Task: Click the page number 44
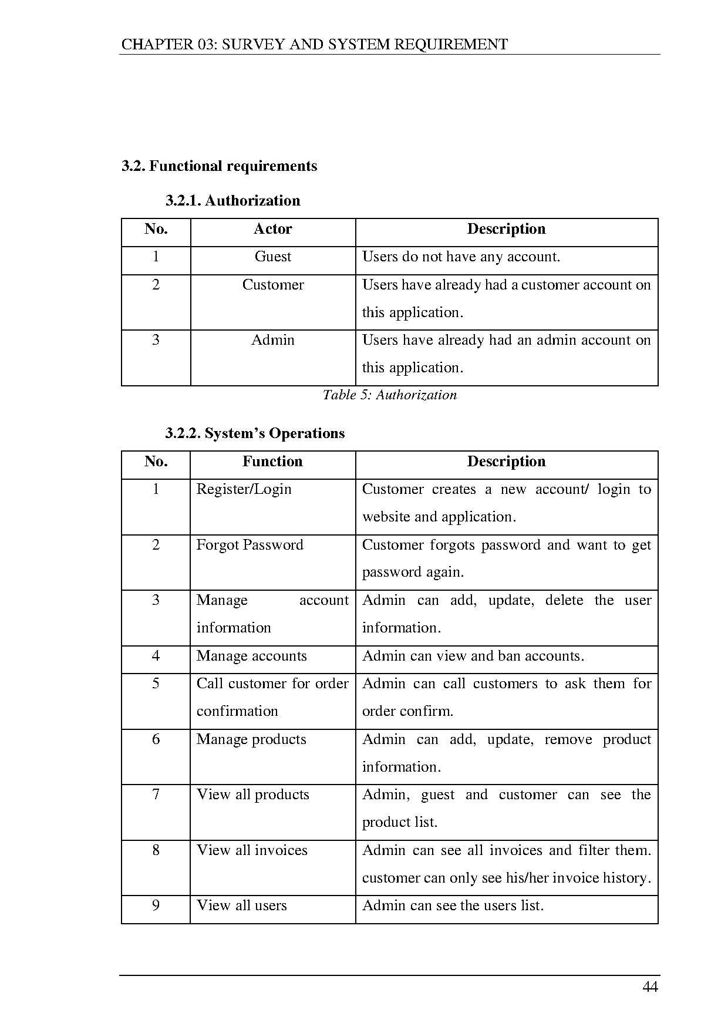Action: [650, 987]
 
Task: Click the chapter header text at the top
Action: [314, 45]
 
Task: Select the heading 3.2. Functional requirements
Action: [219, 166]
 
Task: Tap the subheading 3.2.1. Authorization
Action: [232, 201]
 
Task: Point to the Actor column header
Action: [272, 229]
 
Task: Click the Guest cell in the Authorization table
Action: [272, 257]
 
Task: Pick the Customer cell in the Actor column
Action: [273, 285]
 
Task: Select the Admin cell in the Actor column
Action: [272, 340]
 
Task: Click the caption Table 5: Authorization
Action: [389, 395]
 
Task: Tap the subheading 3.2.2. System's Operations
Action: [255, 433]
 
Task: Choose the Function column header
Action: [272, 462]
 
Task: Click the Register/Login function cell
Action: [244, 489]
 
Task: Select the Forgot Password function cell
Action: [250, 545]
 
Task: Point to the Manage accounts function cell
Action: [251, 656]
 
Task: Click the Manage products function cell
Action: [251, 739]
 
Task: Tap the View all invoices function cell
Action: [252, 850]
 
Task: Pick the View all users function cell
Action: [241, 906]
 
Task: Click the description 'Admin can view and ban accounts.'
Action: [473, 656]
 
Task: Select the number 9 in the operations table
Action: [156, 906]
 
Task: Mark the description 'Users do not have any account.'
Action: [461, 257]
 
